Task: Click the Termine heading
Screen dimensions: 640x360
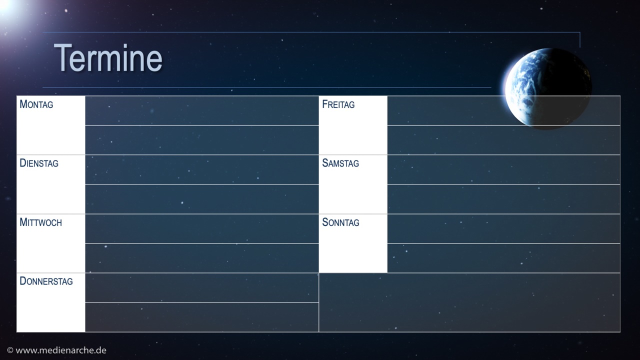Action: pos(108,58)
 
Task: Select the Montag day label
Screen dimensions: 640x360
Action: pos(36,104)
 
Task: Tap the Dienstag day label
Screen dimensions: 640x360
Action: pos(39,163)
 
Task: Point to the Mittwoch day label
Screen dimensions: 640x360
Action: pos(40,222)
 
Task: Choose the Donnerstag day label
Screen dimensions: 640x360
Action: pos(46,281)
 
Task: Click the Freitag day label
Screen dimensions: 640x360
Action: pos(338,104)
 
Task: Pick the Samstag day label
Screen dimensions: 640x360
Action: pos(340,163)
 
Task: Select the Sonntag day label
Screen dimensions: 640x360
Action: pos(340,222)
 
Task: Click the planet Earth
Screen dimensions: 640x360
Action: pos(547,88)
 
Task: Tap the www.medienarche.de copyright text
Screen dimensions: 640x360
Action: pos(56,350)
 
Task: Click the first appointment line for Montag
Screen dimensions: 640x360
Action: pos(202,110)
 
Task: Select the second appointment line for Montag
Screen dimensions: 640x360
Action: pos(202,140)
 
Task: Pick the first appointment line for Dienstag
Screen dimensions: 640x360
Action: pos(202,169)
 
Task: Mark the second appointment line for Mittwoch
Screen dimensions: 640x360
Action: pos(202,258)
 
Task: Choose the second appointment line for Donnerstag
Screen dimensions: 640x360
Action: pos(202,317)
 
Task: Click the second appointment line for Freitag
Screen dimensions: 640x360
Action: pos(503,140)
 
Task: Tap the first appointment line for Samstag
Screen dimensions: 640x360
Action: pos(503,169)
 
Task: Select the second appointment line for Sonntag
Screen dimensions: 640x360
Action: pos(503,258)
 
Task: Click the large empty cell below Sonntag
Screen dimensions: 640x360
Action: pos(469,302)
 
